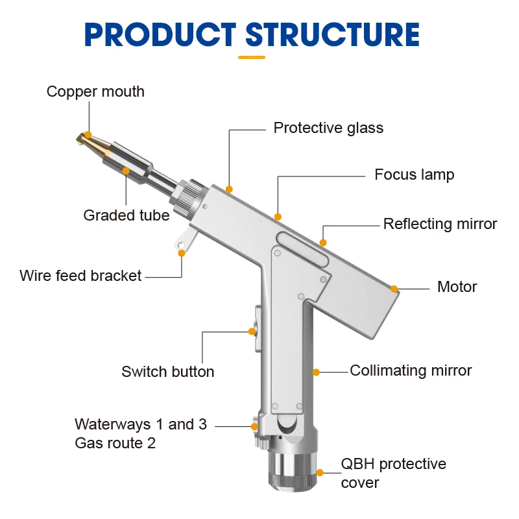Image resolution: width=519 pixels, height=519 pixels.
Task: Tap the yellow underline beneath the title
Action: pyautogui.click(x=252, y=57)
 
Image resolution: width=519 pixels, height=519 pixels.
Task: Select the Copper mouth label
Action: pyautogui.click(x=95, y=91)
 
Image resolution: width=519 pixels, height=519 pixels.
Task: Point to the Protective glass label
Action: pyautogui.click(x=328, y=128)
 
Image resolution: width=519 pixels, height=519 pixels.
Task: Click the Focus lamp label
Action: pyautogui.click(x=414, y=175)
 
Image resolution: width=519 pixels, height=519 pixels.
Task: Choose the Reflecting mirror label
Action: pyautogui.click(x=440, y=224)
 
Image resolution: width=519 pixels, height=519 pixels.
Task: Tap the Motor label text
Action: pyautogui.click(x=457, y=287)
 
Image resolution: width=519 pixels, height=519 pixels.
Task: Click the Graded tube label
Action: pyautogui.click(x=127, y=215)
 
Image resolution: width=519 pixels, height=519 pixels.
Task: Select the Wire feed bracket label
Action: pyautogui.click(x=80, y=275)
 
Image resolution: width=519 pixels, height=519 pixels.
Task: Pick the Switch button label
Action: pyautogui.click(x=167, y=372)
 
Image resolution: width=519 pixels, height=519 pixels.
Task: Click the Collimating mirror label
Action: pyautogui.click(x=411, y=370)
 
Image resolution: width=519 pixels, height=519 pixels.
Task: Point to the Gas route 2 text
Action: pyautogui.click(x=115, y=443)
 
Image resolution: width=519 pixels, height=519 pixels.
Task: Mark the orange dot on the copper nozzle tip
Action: pyautogui.click(x=88, y=134)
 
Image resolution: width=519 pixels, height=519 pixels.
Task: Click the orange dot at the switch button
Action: pyautogui.click(x=252, y=332)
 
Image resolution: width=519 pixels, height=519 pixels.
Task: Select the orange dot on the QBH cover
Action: pyautogui.click(x=319, y=474)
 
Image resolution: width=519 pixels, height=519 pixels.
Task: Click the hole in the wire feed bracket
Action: pyautogui.click(x=182, y=245)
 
